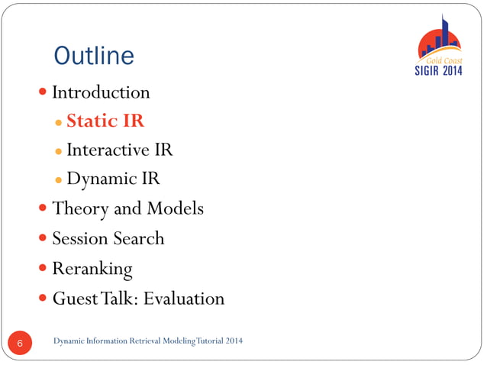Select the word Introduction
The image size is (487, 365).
pos(101,93)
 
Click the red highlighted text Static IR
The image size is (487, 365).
pos(105,121)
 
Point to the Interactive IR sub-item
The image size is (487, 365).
pos(119,150)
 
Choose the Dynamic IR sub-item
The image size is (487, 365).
pos(113,179)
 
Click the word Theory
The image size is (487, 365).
pos(79,208)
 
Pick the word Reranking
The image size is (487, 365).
pos(92,269)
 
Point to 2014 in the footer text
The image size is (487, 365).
pos(234,340)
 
